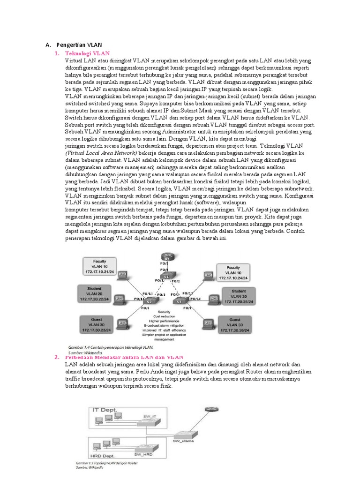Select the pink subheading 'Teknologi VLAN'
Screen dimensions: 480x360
87,53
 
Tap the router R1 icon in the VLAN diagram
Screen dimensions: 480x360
164,257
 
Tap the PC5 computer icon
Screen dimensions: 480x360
213,299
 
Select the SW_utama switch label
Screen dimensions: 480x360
183,441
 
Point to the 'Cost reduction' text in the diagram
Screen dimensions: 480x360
165,315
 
